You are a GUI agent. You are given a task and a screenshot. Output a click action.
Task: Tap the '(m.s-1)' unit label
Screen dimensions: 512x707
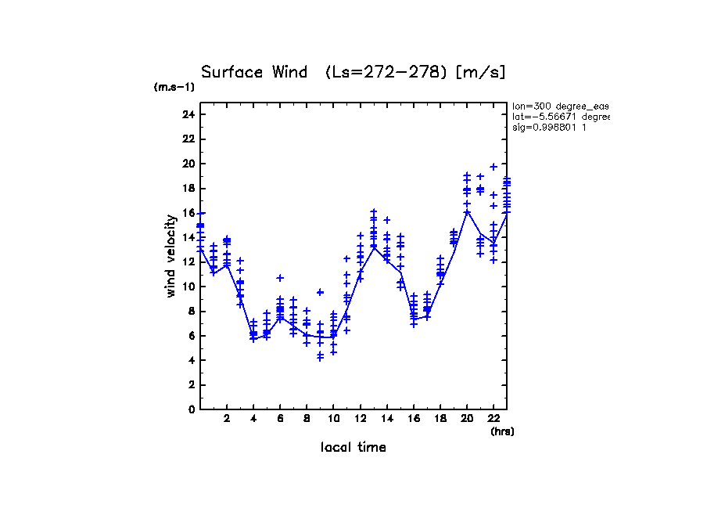click(x=174, y=88)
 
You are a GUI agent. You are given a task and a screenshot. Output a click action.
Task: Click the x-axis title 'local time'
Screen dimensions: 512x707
click(x=353, y=447)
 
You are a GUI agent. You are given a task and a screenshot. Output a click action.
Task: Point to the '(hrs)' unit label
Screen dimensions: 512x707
click(x=502, y=431)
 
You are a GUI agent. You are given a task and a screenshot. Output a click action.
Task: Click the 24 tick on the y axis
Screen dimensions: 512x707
click(x=188, y=115)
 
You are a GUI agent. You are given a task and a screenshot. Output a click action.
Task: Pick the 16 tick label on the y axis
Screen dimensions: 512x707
click(x=188, y=213)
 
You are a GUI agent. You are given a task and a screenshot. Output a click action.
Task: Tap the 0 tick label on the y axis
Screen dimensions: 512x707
click(x=191, y=409)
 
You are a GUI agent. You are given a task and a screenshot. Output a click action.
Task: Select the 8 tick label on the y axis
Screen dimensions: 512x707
click(x=191, y=311)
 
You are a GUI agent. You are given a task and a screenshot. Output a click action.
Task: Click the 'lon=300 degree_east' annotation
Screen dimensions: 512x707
click(x=560, y=105)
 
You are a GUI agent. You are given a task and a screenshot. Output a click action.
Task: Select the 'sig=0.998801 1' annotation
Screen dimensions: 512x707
click(x=550, y=127)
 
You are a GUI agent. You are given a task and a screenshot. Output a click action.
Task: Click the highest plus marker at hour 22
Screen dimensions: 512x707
click(x=493, y=167)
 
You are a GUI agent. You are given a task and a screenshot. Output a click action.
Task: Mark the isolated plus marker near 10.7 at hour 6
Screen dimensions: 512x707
click(x=280, y=278)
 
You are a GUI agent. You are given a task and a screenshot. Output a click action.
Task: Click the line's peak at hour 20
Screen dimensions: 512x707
click(x=467, y=211)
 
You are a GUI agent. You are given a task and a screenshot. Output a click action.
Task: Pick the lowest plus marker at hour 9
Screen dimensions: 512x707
click(x=320, y=358)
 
